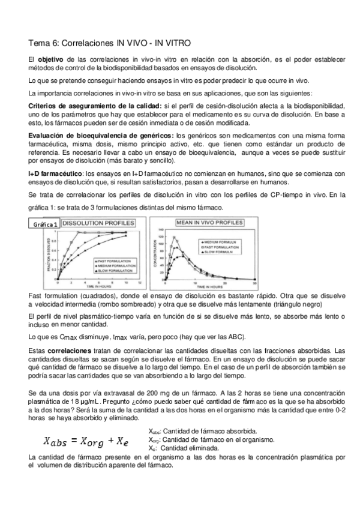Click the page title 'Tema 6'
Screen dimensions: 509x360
[46, 43]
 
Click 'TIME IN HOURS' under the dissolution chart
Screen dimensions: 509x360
[95, 287]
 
